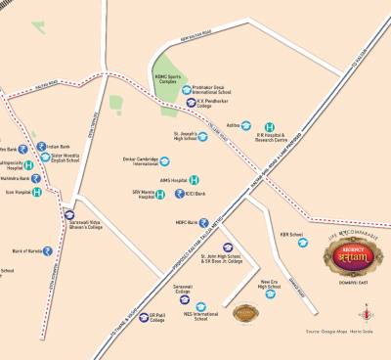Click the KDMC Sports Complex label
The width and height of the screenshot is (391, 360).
(168, 78)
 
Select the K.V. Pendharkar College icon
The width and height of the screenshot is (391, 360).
(191, 102)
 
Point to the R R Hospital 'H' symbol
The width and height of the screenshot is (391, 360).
(270, 127)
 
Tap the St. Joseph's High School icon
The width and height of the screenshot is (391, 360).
(202, 137)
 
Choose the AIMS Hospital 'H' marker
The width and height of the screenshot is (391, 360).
(195, 180)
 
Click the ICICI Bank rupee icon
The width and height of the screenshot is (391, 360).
(178, 195)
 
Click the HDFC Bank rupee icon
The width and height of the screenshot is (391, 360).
(205, 223)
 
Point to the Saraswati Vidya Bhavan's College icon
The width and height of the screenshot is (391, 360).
(69, 214)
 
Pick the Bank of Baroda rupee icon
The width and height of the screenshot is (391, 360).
(47, 251)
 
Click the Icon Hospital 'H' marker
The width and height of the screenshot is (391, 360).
(37, 193)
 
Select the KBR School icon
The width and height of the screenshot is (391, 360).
(302, 242)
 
